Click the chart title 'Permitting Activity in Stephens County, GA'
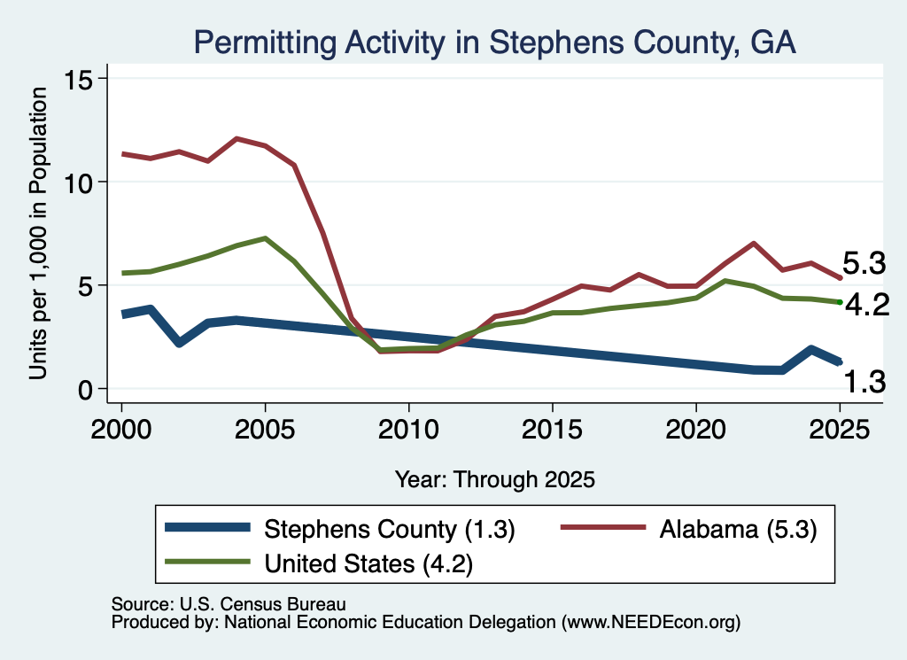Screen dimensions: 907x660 494,43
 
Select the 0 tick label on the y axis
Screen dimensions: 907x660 85,390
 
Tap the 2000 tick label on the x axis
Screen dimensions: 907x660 121,430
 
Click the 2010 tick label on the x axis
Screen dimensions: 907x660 408,430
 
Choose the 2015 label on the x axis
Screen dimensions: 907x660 552,430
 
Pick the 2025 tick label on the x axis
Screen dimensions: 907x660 840,430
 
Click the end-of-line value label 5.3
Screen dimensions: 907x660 864,263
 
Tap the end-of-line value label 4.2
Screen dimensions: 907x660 867,305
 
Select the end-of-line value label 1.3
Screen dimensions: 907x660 864,383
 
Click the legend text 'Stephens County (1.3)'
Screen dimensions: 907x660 390,529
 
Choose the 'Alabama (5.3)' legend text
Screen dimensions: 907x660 738,529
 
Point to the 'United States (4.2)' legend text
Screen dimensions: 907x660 368,563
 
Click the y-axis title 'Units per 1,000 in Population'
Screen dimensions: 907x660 38,233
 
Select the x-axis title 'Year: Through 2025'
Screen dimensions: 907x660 494,479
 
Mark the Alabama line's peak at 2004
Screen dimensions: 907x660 236,138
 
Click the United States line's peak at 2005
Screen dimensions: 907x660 265,237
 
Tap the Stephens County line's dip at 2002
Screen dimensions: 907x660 179,343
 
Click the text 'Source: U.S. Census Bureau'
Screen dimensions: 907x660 229,604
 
